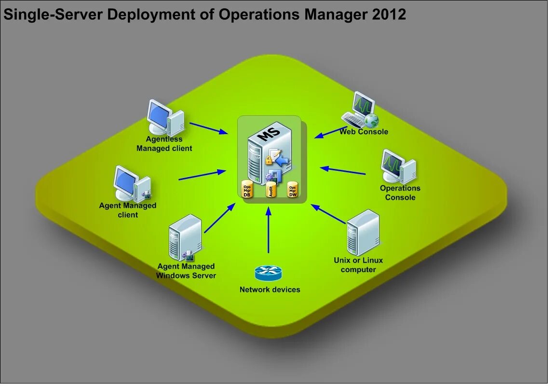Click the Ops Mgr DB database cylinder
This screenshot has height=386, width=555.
pyautogui.click(x=247, y=190)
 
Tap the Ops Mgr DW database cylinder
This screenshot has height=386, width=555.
pyautogui.click(x=293, y=190)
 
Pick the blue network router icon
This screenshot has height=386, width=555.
pyautogui.click(x=268, y=274)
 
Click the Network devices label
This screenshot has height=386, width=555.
pyautogui.click(x=270, y=290)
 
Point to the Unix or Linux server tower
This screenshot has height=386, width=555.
pyautogui.click(x=363, y=233)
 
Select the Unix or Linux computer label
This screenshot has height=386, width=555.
pyautogui.click(x=358, y=265)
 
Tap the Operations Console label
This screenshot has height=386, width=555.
pyautogui.click(x=400, y=193)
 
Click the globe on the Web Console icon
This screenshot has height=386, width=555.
pyautogui.click(x=371, y=120)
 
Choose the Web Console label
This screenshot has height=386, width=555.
pyautogui.click(x=364, y=132)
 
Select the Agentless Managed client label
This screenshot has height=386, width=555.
pyautogui.click(x=164, y=144)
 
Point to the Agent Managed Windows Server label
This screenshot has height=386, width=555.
pyautogui.click(x=186, y=271)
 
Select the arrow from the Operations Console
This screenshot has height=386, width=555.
pyautogui.click(x=343, y=171)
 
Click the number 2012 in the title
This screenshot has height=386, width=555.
pyautogui.click(x=389, y=15)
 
